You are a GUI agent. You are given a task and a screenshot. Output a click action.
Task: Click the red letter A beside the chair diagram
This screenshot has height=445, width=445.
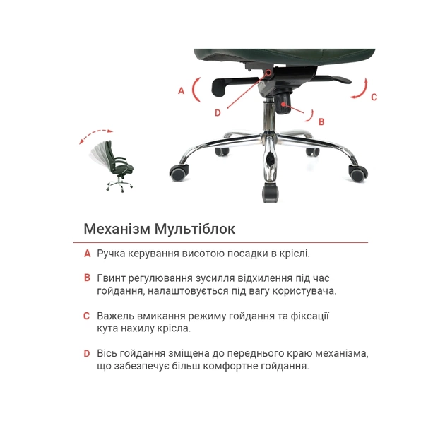tap(181, 90)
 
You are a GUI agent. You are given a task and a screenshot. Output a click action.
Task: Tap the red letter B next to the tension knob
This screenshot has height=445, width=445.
tap(321, 121)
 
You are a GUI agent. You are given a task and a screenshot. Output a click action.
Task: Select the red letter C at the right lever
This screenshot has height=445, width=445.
tap(374, 97)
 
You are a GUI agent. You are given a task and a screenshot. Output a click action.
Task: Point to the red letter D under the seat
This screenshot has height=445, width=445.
tap(218, 112)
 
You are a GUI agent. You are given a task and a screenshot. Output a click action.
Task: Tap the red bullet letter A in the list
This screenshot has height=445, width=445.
tap(87, 253)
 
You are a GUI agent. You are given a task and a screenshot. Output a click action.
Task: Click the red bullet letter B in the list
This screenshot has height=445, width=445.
tap(87, 278)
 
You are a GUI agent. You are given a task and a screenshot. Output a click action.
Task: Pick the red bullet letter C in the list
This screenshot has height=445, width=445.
tap(87, 316)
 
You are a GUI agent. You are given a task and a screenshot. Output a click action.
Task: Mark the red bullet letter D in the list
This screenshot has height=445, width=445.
tap(87, 353)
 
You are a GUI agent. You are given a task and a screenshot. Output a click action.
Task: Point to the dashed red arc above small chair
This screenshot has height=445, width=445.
tap(95, 133)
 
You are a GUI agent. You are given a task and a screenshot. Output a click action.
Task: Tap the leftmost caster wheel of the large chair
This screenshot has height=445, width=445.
tap(179, 172)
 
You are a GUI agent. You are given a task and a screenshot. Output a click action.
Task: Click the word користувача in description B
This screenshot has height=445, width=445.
tap(306, 290)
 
